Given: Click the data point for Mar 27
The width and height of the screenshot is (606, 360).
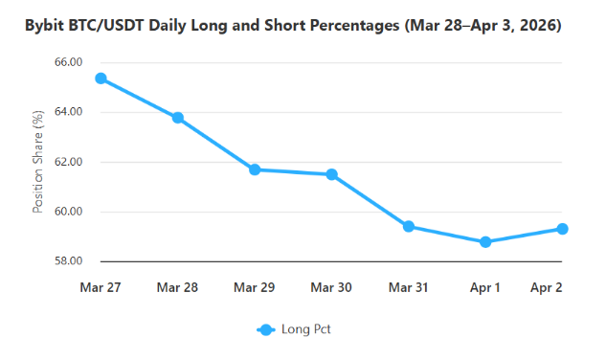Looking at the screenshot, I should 101,79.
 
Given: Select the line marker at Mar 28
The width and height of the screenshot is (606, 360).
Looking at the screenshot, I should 178,118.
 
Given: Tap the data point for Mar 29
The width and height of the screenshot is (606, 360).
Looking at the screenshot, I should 255,169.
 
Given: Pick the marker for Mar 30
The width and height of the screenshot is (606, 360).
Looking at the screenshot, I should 331,174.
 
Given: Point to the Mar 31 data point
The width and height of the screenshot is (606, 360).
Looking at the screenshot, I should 409,227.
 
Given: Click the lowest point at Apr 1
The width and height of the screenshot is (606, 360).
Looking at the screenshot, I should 485,242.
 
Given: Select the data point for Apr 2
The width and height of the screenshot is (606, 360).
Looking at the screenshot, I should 563,229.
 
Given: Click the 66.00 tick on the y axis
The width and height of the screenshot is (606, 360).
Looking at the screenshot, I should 69,62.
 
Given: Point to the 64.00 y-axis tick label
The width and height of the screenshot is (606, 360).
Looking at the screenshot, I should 69,112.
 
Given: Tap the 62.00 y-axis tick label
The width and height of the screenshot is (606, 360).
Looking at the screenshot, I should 69,162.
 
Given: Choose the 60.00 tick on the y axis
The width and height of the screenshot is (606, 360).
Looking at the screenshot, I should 69,212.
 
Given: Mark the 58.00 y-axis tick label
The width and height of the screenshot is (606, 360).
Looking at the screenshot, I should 69,261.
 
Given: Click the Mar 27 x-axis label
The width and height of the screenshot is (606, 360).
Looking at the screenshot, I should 101,287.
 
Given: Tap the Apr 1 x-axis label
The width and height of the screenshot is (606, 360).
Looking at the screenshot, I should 485,287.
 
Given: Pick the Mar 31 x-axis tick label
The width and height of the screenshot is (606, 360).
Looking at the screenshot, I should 409,287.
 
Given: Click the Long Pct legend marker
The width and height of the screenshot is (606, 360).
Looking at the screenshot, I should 266,329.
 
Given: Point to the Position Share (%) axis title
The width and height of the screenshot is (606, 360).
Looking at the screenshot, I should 38,162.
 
